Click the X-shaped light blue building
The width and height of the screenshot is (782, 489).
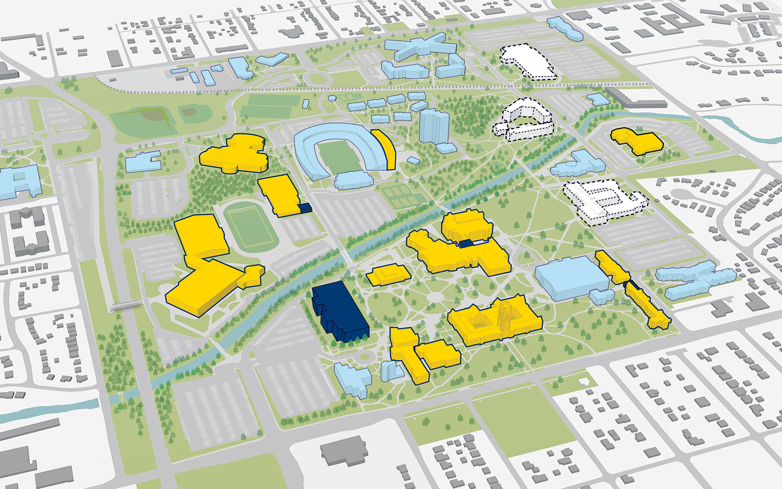420,48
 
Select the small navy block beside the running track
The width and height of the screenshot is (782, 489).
304,208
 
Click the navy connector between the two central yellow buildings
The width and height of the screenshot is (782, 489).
466,243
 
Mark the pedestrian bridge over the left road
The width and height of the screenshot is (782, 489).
126,304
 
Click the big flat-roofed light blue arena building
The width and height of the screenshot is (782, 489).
570,278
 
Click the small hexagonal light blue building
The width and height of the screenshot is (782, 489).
332,98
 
